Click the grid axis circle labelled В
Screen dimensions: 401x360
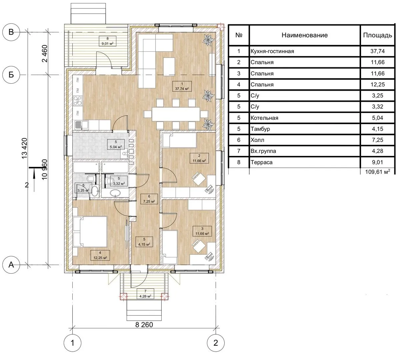click(x=11, y=32)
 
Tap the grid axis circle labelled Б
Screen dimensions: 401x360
click(x=11, y=75)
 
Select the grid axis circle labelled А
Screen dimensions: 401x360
click(x=11, y=265)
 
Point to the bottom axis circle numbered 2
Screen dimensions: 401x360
click(x=216, y=343)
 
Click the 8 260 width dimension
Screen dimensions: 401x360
click(x=144, y=325)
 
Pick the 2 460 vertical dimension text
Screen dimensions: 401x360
click(x=45, y=54)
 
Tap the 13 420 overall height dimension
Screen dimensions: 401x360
click(x=24, y=148)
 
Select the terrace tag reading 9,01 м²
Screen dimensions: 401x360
click(x=107, y=41)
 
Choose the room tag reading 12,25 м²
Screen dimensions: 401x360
click(x=100, y=255)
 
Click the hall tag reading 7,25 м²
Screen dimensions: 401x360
click(x=149, y=199)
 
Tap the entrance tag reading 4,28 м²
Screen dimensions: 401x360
click(x=145, y=294)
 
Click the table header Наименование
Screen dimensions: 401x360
click(x=305, y=35)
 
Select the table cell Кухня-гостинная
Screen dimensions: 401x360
click(x=272, y=51)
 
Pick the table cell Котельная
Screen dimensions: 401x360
click(x=264, y=118)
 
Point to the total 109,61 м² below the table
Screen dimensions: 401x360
click(x=377, y=172)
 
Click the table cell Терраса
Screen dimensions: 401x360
click(x=261, y=162)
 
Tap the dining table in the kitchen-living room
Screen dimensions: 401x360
click(x=176, y=114)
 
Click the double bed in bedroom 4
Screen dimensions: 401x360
click(x=90, y=232)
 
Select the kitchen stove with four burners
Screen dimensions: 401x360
click(x=78, y=100)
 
